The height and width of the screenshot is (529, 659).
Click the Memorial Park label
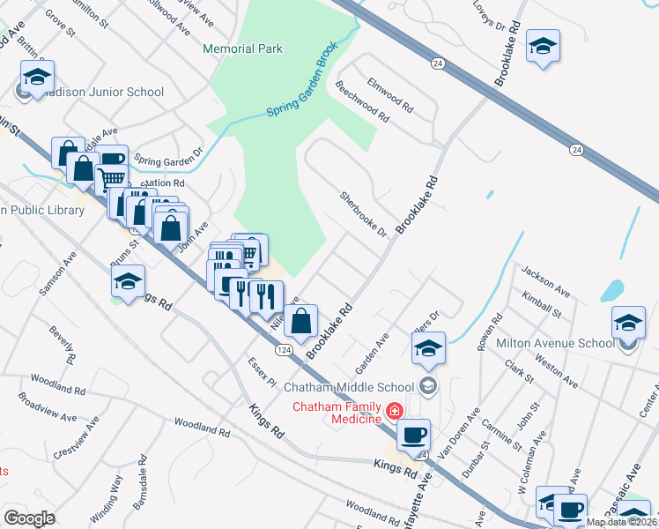pos(242,48)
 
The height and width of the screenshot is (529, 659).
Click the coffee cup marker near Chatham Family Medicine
pos(413,434)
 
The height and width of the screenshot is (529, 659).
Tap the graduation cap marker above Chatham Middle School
pos(428,348)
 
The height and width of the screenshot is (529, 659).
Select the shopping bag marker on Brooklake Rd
pos(301,322)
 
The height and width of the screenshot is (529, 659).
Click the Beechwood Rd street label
pos(362,101)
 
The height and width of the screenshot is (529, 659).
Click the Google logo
pos(30,518)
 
